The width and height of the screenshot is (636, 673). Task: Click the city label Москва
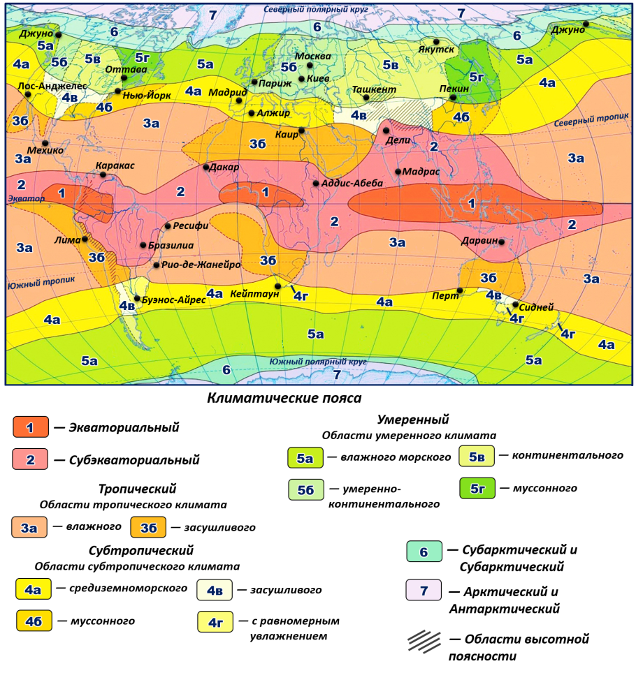[x=312, y=56]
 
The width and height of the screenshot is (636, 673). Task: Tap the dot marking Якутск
[x=437, y=42]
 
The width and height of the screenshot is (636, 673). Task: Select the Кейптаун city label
[x=254, y=295]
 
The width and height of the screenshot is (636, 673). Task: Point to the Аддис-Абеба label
[x=353, y=184]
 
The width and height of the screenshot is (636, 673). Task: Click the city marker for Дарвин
[x=501, y=242]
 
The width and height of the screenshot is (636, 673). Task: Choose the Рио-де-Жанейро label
[x=201, y=265]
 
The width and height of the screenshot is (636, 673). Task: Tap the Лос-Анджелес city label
[x=52, y=86]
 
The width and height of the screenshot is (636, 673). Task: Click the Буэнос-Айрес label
[x=174, y=299]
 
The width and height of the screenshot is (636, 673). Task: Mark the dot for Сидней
[x=516, y=305]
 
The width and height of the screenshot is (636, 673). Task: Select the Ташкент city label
[x=374, y=90]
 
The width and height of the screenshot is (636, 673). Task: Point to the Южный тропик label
[x=31, y=286]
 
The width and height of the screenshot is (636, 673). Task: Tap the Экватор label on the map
[x=26, y=199]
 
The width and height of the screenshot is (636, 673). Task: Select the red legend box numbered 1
[x=30, y=427]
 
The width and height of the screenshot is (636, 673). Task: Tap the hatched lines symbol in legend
[x=424, y=640]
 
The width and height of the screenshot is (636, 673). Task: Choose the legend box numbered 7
[x=424, y=591]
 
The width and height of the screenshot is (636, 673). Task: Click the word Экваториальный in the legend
[x=124, y=427]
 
